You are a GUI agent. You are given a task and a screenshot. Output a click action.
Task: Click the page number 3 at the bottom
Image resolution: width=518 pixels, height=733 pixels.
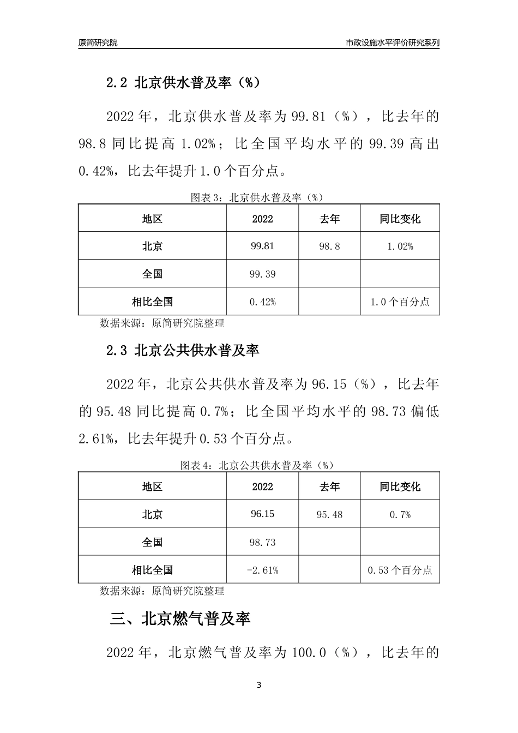click(x=259, y=685)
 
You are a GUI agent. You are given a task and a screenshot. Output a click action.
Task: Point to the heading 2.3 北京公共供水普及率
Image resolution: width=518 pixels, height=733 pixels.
click(x=183, y=350)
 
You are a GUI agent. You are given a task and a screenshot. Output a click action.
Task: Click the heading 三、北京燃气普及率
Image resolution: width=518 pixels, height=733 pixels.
click(x=180, y=619)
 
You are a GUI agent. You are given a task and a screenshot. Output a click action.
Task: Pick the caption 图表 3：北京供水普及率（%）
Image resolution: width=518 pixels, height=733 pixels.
click(x=257, y=197)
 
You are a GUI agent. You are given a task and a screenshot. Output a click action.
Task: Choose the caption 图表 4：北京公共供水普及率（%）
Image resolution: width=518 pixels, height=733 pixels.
click(x=257, y=465)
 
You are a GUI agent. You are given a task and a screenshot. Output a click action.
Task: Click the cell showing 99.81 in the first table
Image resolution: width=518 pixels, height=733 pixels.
click(x=262, y=246)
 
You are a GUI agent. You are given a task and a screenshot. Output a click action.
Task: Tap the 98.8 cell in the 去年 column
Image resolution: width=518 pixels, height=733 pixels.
click(x=329, y=247)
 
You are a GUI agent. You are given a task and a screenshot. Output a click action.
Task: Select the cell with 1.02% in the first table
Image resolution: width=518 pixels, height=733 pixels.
click(x=400, y=247)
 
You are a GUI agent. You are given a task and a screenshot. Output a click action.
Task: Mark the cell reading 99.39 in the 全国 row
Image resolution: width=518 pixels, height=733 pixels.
click(x=262, y=274)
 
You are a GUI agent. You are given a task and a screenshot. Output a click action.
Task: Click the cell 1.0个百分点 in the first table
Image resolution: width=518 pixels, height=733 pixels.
click(x=400, y=302)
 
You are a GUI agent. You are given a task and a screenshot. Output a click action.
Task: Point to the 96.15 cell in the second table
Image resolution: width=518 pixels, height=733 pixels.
click(x=262, y=514)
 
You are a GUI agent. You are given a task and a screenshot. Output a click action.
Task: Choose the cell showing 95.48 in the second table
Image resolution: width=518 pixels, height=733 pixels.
click(x=329, y=514)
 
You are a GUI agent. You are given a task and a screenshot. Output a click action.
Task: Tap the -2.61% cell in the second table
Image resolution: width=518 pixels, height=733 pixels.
click(x=262, y=570)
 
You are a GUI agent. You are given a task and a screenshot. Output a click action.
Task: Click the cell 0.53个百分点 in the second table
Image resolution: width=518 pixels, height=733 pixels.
click(x=400, y=570)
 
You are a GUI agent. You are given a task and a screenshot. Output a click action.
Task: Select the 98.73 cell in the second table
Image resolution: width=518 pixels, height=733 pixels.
click(x=262, y=542)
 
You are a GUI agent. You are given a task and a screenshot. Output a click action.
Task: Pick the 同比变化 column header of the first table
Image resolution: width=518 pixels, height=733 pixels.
click(x=400, y=219)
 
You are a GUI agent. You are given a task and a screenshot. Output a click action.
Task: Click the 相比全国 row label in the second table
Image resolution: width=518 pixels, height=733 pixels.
click(x=152, y=570)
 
